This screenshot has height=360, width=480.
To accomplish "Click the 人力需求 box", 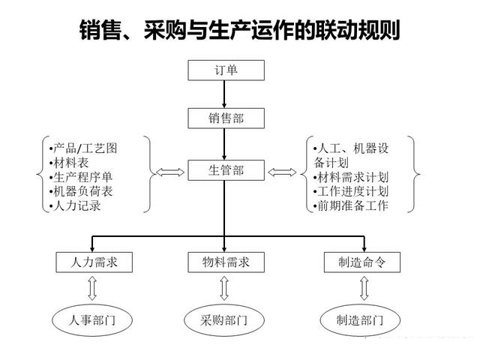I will pyautogui.click(x=92, y=262).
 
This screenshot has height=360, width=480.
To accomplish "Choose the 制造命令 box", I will pyautogui.click(x=362, y=262).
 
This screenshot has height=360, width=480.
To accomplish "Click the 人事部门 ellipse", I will pyautogui.click(x=92, y=321).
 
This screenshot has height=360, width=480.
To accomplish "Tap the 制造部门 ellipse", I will pyautogui.click(x=362, y=321).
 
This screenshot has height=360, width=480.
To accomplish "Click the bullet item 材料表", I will pyautogui.click(x=70, y=163).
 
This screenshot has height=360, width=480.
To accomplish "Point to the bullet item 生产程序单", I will pyautogui.click(x=82, y=177).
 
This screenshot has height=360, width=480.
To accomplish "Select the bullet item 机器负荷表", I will pyautogui.click(x=82, y=191).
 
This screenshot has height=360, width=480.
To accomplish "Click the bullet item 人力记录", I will pyautogui.click(x=76, y=205).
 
